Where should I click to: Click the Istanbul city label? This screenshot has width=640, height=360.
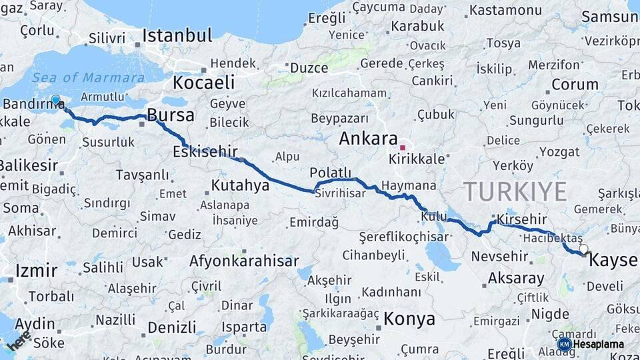[x=177, y=35]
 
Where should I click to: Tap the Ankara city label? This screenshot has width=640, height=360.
[x=368, y=139]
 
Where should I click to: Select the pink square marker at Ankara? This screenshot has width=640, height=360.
[x=402, y=147]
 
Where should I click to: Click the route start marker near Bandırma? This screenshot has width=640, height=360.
[x=55, y=101]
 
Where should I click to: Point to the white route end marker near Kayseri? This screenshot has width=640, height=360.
[x=584, y=249]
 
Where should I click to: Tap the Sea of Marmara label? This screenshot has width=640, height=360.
[x=79, y=77]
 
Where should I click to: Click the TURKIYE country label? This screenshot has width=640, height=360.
[x=515, y=191]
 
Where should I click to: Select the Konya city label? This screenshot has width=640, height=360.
[x=409, y=319]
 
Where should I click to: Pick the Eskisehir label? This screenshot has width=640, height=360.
[x=205, y=151]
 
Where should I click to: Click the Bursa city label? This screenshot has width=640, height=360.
[x=171, y=115]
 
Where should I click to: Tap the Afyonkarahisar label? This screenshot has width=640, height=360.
[x=243, y=261]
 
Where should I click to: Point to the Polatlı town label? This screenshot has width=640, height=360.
[x=331, y=173]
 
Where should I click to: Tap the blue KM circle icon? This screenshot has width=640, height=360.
[x=564, y=344]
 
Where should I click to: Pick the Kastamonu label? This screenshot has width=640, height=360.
[x=505, y=10]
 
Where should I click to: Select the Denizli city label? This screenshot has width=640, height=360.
[x=172, y=327]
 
